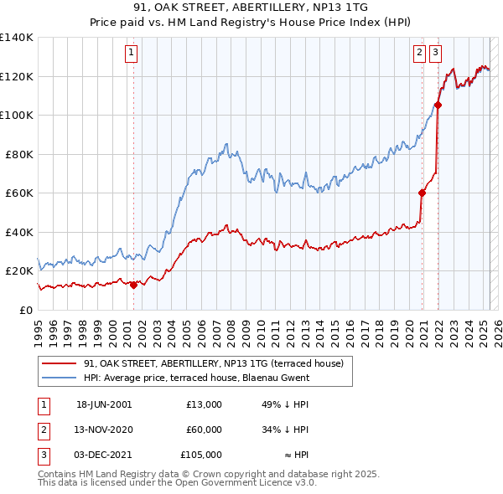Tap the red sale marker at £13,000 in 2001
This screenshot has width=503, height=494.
[133, 285]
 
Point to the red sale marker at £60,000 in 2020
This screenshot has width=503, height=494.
[422, 193]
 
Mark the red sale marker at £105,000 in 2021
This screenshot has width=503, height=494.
[438, 105]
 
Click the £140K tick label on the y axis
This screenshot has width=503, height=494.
[17, 38]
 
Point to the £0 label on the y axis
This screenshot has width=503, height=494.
[25, 310]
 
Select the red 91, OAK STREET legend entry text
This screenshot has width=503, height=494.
[214, 363]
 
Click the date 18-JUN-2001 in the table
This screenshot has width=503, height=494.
[104, 404]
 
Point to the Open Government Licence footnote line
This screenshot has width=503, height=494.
[178, 483]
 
